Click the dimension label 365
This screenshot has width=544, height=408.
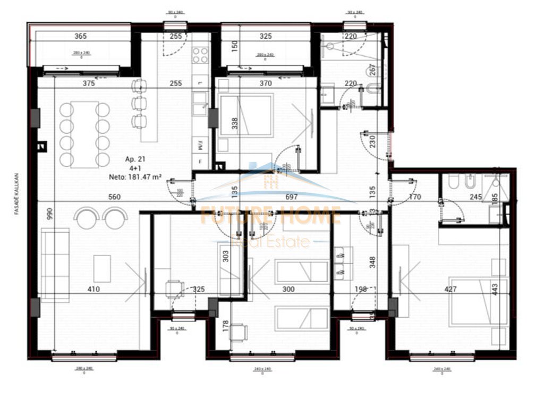pos(80,37)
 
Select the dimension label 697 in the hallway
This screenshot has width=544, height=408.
pos(292,197)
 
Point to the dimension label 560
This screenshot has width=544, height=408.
pos(115,197)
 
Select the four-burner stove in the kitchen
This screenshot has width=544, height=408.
pos(201,55)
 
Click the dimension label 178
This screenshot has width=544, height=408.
pos(225,325)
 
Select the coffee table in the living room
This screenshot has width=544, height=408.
pos(102,268)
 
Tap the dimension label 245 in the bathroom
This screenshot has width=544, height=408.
pos(476,197)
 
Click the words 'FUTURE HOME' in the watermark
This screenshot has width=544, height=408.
pos(271,216)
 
